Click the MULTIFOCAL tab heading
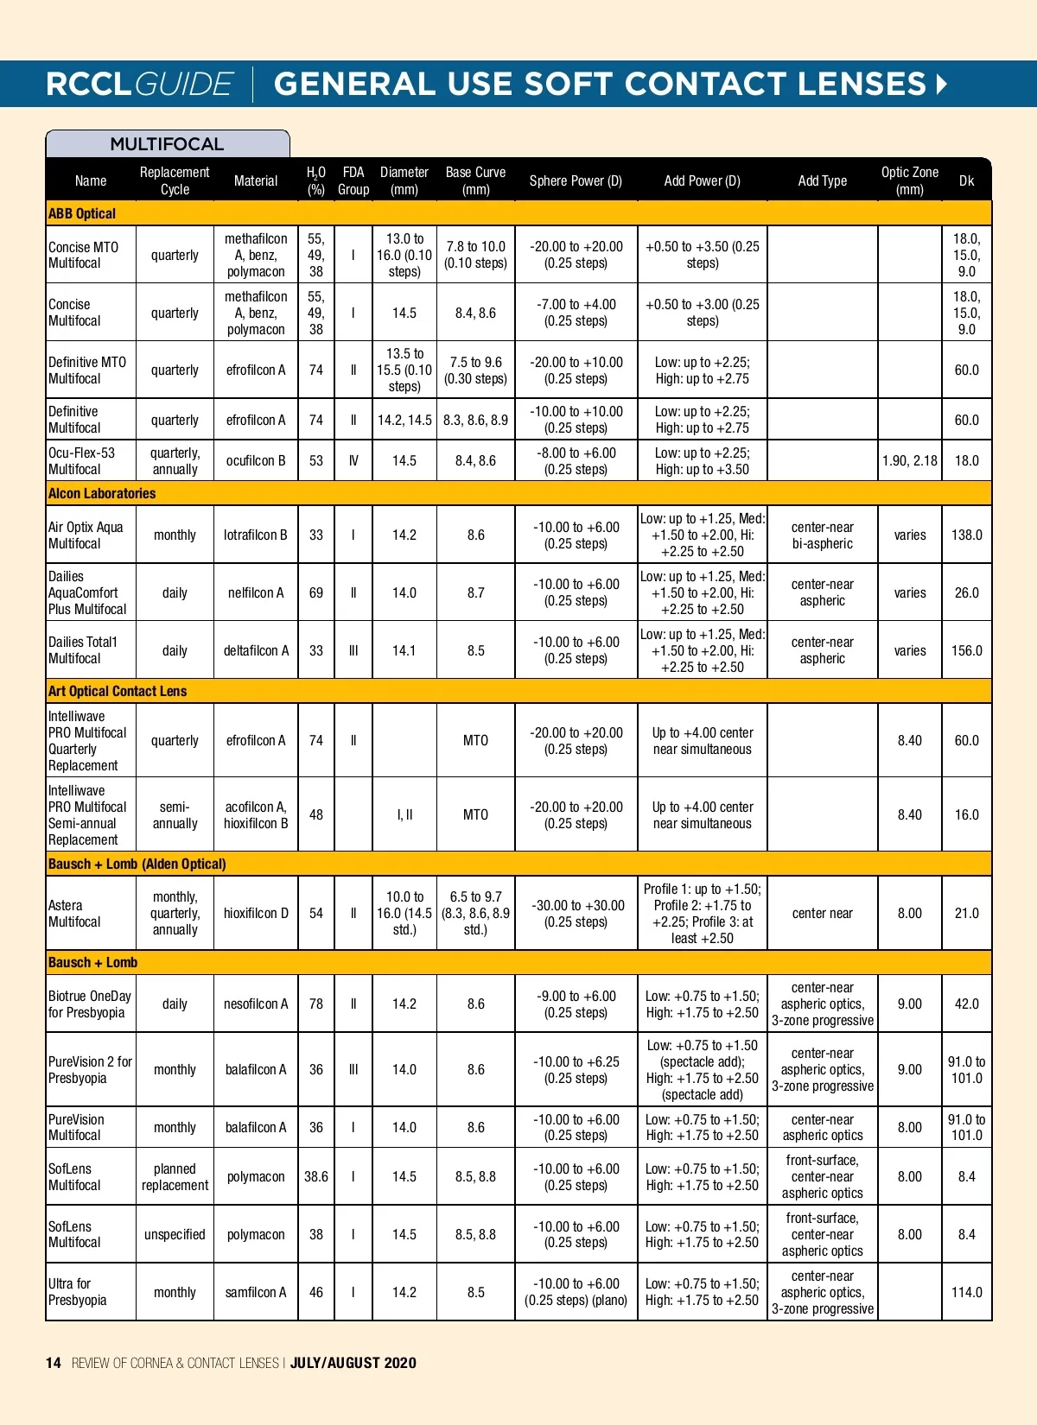[167, 144]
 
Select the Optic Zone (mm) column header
[909, 180]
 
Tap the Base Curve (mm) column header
[475, 180]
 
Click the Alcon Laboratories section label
[102, 493]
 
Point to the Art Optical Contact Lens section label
[118, 691]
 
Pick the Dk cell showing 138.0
[966, 535]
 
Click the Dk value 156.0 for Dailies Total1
[966, 650]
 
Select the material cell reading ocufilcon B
[256, 460]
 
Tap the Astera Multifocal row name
[74, 913]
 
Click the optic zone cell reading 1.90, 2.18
[909, 460]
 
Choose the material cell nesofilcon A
[256, 1004]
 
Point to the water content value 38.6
[316, 1176]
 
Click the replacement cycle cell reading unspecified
[175, 1234]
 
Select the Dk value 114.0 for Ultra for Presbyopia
[966, 1292]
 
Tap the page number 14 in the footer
[54, 1363]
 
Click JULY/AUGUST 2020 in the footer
[353, 1363]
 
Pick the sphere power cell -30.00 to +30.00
[576, 913]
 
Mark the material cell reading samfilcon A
[256, 1292]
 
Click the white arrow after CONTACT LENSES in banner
[941, 84]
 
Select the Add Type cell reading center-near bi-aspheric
[822, 535]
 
